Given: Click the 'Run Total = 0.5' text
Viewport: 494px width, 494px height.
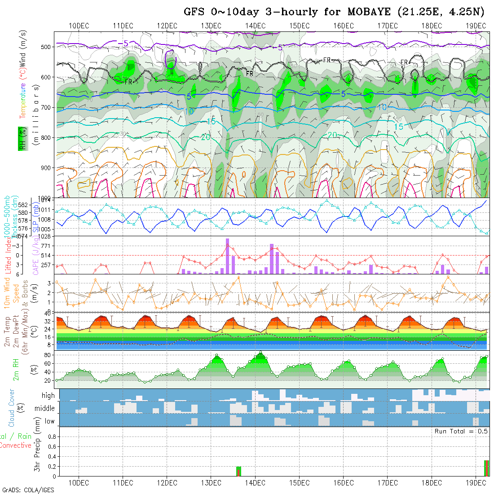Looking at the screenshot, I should (x=461, y=431).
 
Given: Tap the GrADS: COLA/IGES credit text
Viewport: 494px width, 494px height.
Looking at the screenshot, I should (x=28, y=490).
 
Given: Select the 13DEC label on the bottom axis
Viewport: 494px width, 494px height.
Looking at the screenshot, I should (x=211, y=483).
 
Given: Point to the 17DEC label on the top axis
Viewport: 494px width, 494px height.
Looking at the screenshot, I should (x=387, y=26).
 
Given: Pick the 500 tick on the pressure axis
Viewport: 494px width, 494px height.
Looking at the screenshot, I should (x=47, y=47).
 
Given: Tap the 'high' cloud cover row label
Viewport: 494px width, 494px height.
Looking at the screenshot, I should (x=48, y=396).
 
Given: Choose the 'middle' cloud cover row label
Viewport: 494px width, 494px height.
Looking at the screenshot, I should (x=44, y=409).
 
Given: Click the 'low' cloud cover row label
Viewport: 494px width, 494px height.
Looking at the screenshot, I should (x=49, y=421).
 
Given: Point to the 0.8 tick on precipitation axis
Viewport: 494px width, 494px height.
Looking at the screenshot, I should (x=51, y=436).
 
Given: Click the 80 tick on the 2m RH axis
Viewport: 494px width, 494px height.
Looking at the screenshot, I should (x=46, y=355).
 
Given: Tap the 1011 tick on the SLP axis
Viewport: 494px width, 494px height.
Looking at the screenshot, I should (x=45, y=210).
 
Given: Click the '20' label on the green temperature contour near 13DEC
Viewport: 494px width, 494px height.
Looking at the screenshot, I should (x=206, y=137).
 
